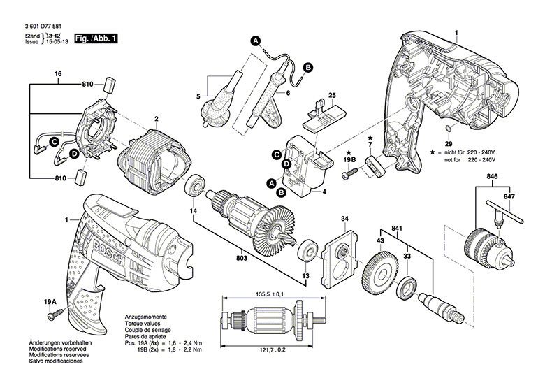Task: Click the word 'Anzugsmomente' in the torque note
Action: pyautogui.click(x=145, y=317)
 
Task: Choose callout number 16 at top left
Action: pyautogui.click(x=58, y=73)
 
